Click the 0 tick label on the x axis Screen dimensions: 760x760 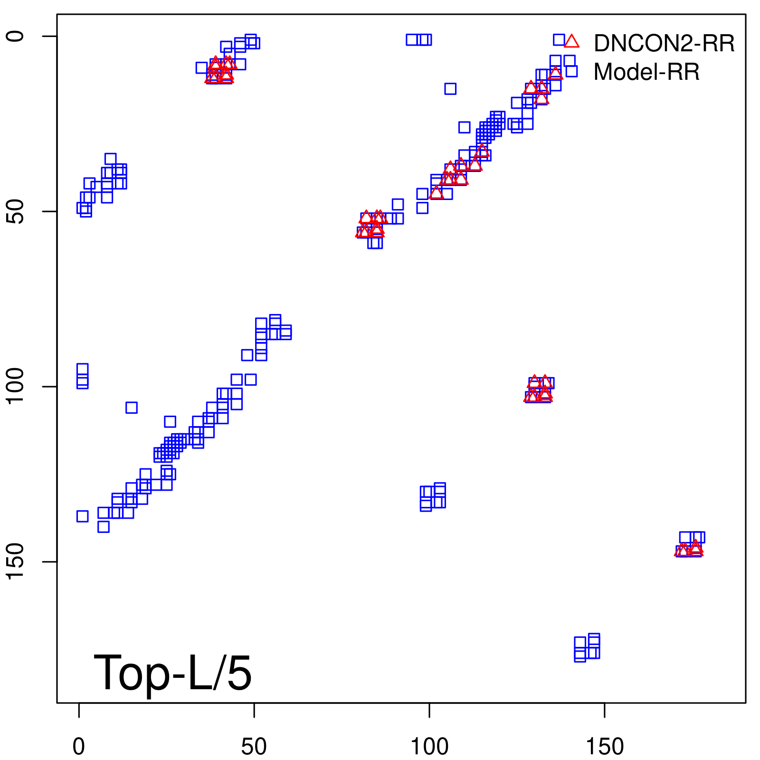(79, 747)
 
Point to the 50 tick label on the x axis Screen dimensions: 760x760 (254, 747)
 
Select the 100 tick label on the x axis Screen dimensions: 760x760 (429, 747)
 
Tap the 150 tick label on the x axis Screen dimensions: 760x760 (605, 747)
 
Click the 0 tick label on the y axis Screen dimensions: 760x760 (16, 36)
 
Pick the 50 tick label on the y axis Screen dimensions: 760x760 (16, 211)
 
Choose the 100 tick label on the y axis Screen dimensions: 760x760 (16, 387)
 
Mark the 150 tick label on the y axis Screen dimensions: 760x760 (16, 562)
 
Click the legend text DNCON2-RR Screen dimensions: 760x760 (664, 44)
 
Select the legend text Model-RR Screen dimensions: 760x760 (646, 72)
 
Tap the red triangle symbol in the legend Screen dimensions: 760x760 (572, 42)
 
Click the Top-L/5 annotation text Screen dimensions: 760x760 (172, 673)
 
